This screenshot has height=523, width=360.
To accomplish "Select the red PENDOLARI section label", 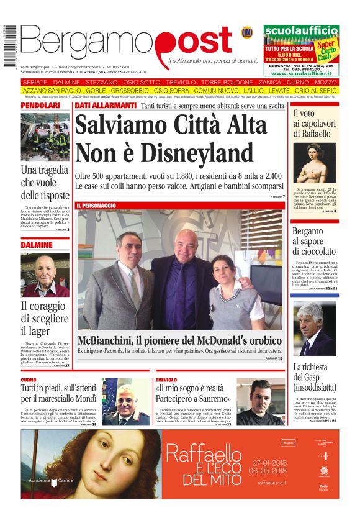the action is pyautogui.click(x=41, y=106).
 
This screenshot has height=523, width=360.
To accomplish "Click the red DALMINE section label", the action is pyautogui.click(x=37, y=245).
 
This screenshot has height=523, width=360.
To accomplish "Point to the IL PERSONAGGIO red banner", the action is pyautogui.click(x=96, y=205).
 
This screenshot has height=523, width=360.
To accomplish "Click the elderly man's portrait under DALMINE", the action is pyautogui.click(x=45, y=275).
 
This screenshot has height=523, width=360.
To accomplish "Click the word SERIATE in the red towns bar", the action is pyautogui.click(x=38, y=83).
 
